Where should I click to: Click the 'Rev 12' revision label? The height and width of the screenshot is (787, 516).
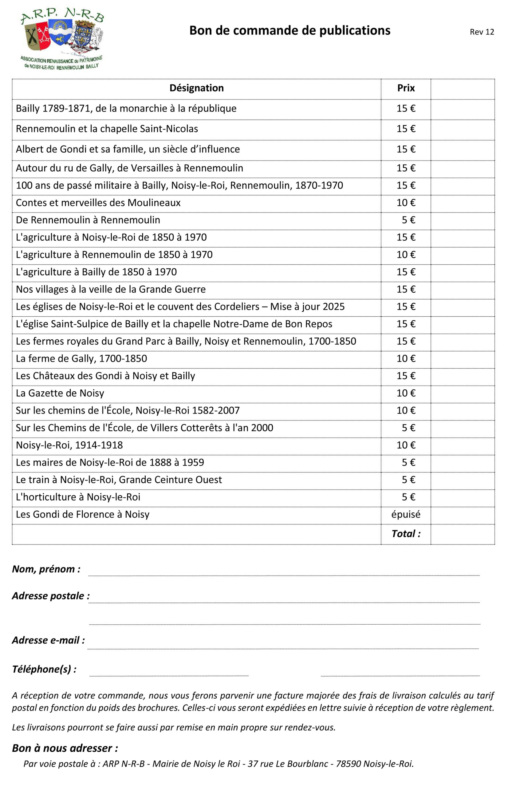(x=482, y=32)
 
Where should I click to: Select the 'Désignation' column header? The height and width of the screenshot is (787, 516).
(x=196, y=88)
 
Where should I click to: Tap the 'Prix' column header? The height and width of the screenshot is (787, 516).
(x=406, y=88)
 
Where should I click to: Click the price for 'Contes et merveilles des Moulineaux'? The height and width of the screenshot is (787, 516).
(x=406, y=203)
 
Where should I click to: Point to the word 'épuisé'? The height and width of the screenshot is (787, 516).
(x=406, y=515)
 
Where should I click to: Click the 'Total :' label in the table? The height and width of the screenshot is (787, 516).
(x=406, y=534)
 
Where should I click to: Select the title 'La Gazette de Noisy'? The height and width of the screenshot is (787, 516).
(x=60, y=393)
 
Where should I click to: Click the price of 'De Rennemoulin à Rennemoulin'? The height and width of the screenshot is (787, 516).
(x=408, y=220)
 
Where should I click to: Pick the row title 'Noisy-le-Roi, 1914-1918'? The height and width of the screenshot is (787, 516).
(x=69, y=445)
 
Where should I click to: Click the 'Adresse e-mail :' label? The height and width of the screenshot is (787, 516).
(x=48, y=640)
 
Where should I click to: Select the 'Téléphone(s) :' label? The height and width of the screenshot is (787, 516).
(x=44, y=669)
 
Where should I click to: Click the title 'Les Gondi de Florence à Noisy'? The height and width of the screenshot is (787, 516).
(x=83, y=515)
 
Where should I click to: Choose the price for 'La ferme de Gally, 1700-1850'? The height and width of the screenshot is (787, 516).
(x=406, y=358)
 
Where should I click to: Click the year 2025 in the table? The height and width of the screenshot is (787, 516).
(x=333, y=306)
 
